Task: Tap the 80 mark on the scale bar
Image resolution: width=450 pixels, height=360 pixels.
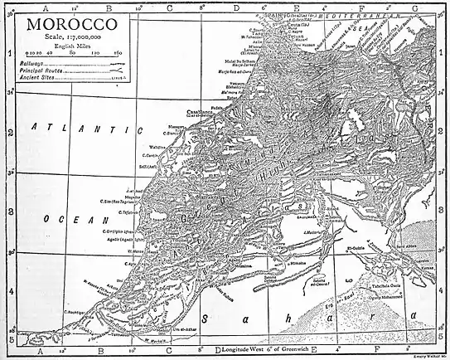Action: coord(73,52)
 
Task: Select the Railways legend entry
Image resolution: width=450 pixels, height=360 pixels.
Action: coord(39,63)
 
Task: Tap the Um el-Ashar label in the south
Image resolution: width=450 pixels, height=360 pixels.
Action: coord(206,329)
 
